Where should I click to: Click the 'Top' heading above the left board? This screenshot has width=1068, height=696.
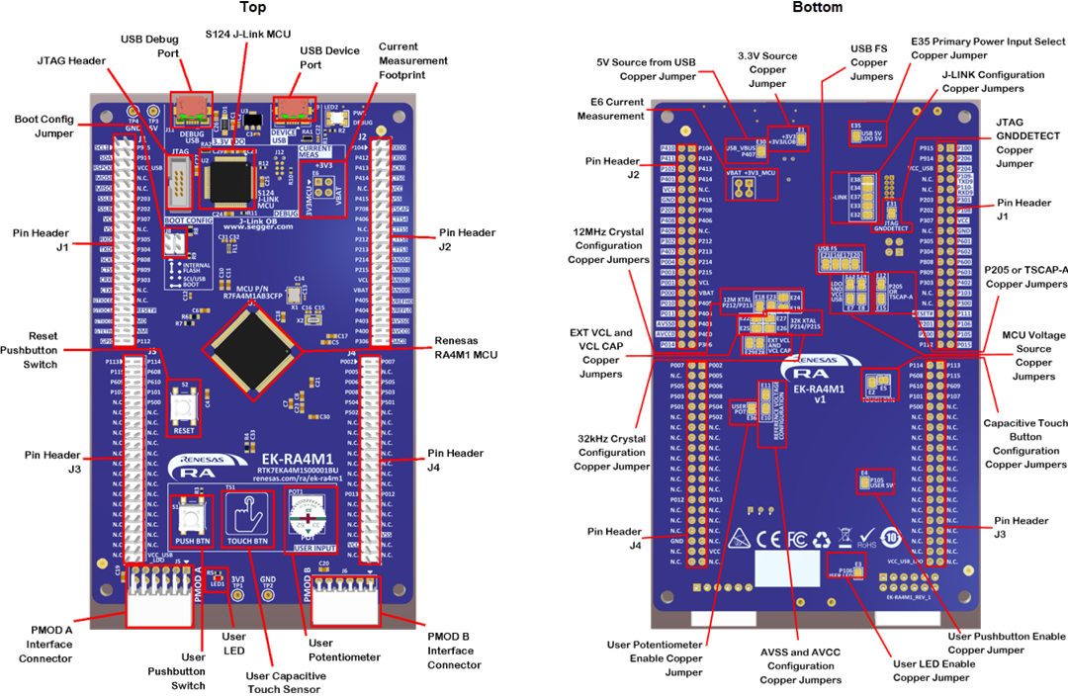point(253,8)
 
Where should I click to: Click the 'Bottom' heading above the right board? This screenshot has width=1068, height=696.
point(818,8)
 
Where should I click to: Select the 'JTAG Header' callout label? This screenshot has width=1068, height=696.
point(70,60)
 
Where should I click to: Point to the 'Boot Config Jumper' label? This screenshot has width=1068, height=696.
point(43,126)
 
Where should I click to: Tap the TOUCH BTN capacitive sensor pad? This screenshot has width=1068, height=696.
point(247,516)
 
